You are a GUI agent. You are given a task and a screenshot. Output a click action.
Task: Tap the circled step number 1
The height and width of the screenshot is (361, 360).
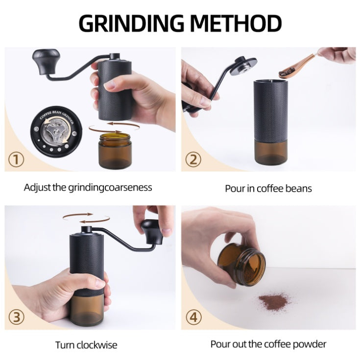(x=17, y=159)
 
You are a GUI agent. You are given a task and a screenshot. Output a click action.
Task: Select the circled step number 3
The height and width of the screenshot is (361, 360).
(x=17, y=316)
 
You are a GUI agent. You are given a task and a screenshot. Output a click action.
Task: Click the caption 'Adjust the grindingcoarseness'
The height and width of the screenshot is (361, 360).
(x=88, y=187)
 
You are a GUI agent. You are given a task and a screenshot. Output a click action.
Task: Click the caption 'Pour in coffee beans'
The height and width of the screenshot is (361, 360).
(x=268, y=188)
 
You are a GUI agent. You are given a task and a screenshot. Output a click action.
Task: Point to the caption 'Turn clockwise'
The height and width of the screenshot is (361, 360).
(x=86, y=345)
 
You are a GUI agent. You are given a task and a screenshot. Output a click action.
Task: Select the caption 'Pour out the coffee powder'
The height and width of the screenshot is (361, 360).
(x=268, y=344)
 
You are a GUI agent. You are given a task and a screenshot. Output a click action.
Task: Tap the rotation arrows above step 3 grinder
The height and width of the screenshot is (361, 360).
(x=78, y=217)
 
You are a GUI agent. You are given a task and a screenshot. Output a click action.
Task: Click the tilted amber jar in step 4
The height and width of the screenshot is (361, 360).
(x=242, y=265)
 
